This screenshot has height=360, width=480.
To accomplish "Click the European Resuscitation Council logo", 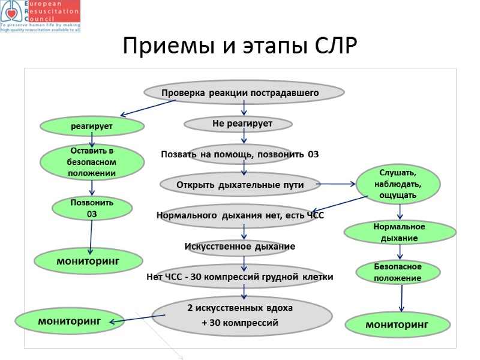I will (40, 16).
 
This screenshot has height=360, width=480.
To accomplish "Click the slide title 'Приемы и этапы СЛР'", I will (239, 46).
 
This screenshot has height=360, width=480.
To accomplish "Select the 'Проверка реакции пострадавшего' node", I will (244, 92).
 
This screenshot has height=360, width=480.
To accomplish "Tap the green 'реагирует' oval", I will (92, 126).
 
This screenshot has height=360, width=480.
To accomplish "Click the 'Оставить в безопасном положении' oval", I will (92, 162).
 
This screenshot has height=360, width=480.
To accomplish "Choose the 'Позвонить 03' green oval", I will (92, 208).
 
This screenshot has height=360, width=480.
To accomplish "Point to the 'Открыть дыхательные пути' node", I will (240, 184).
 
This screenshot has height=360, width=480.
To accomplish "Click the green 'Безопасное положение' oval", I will (398, 272).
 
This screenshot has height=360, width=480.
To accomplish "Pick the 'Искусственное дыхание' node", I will (239, 246).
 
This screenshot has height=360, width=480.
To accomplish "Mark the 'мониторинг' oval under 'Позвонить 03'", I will (88, 260).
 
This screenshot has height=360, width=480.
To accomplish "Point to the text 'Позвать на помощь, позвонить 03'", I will (239, 155).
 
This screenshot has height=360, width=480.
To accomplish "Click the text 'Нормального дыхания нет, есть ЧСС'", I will (240, 215).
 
